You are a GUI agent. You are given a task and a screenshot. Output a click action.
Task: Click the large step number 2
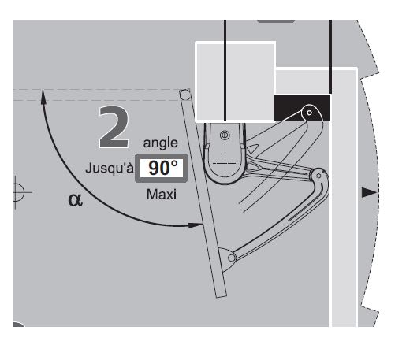[x=114, y=127]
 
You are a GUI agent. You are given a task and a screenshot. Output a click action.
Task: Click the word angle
[x=161, y=143]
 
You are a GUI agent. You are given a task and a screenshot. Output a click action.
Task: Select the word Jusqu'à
[x=110, y=168]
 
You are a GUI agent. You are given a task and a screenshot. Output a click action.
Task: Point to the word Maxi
[x=162, y=195]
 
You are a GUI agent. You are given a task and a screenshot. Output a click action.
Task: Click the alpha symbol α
[x=75, y=200]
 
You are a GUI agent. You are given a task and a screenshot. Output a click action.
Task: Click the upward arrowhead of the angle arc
[x=43, y=97]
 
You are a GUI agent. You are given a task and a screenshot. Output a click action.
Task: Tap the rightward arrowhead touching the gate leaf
[x=196, y=225]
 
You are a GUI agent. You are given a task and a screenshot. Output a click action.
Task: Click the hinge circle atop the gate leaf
[x=185, y=95]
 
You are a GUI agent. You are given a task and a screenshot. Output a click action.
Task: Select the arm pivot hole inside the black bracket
[x=309, y=113]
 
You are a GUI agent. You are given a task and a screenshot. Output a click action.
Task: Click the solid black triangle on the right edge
[x=369, y=192]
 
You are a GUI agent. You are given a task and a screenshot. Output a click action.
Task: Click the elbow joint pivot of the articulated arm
[x=319, y=176]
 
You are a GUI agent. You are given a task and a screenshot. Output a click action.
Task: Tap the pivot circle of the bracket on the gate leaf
[x=232, y=258]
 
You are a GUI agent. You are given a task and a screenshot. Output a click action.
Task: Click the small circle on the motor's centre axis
[x=225, y=135]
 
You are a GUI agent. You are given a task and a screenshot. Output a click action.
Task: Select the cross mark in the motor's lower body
[x=225, y=164]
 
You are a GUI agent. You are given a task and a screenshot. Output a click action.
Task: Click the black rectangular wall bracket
[x=302, y=108]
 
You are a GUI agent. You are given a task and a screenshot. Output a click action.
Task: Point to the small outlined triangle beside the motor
[x=252, y=149]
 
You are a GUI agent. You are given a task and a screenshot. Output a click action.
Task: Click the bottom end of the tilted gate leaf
[x=222, y=295]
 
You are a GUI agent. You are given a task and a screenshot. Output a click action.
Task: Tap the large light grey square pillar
[x=235, y=82]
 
